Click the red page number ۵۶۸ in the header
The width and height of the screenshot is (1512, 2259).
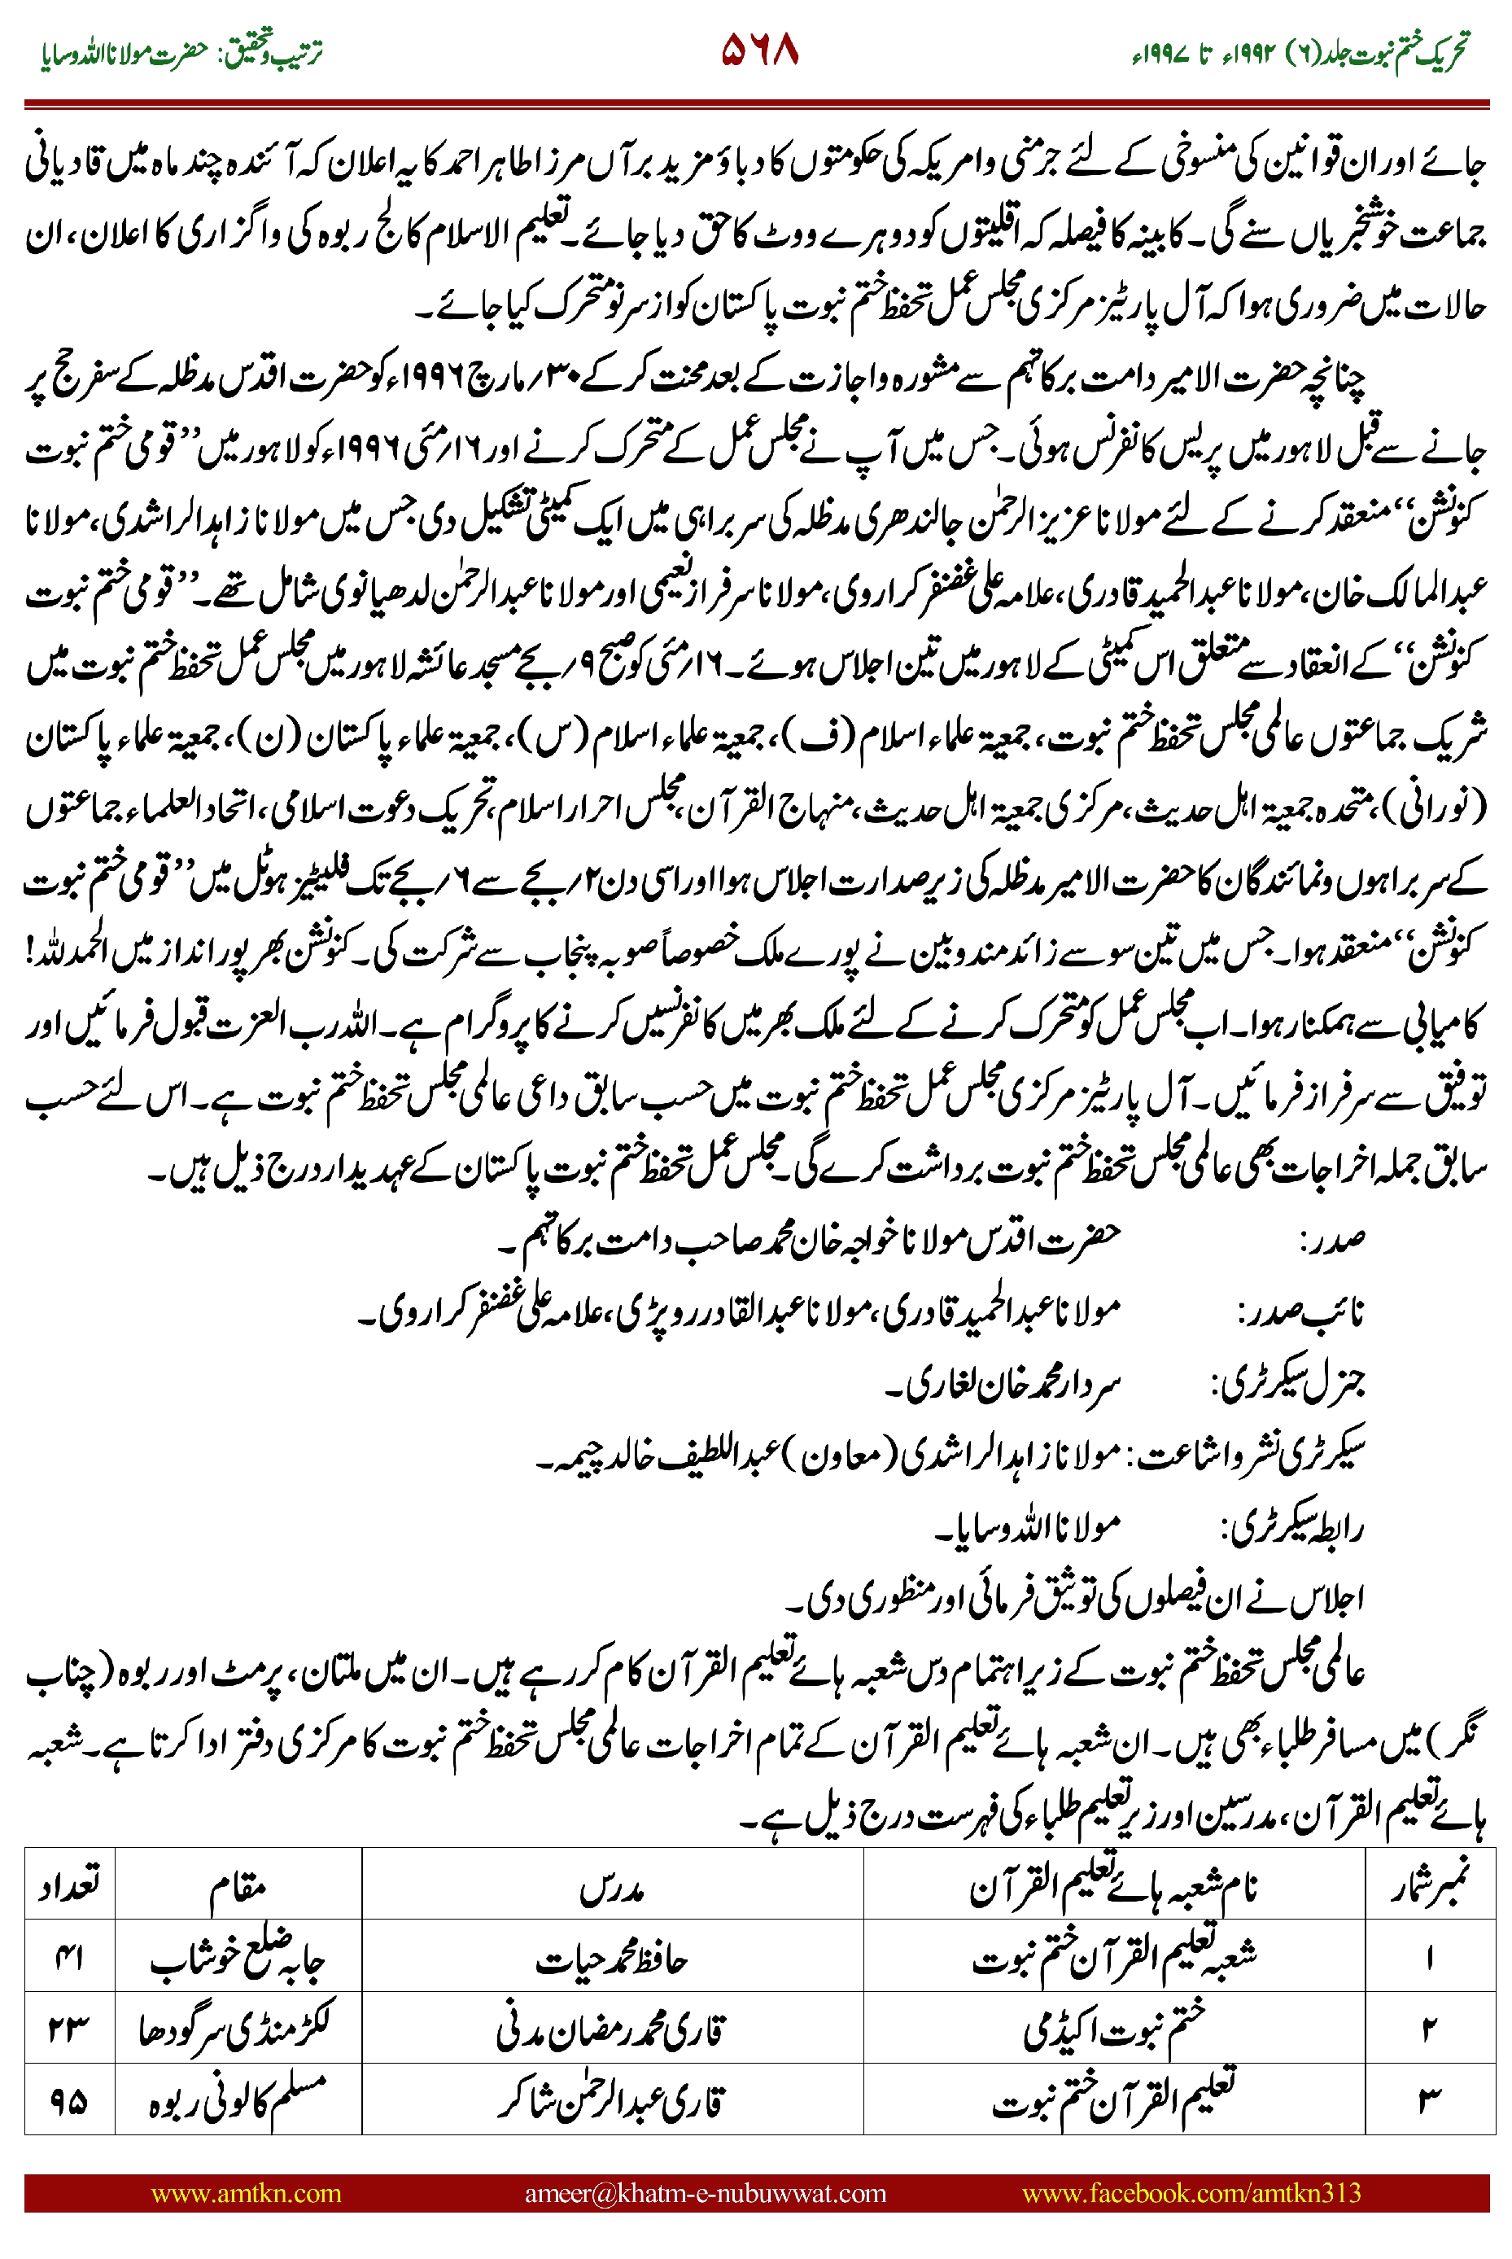pos(760,50)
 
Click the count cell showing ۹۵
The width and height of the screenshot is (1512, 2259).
pos(68,2101)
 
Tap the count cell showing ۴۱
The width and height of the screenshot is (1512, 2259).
pos(68,1957)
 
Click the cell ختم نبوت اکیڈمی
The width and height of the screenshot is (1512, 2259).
pos(1114,2029)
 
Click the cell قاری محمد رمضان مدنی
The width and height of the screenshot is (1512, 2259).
pos(611,2029)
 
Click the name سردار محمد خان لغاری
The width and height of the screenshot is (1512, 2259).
pos(1003,1385)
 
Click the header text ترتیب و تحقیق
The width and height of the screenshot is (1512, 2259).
pos(274,50)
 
